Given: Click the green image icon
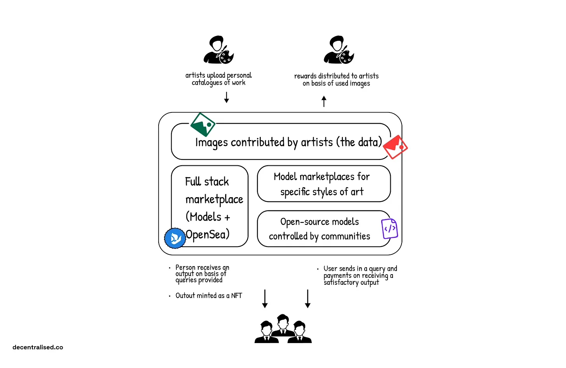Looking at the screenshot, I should click(x=203, y=124).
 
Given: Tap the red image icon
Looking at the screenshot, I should click(x=395, y=147).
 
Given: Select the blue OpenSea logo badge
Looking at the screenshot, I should click(x=175, y=238).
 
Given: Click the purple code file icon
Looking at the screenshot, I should click(x=390, y=228).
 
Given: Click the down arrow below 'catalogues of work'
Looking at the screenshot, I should click(x=227, y=98).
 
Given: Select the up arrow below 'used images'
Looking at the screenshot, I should click(x=324, y=102).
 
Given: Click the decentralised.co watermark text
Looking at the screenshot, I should click(x=38, y=347).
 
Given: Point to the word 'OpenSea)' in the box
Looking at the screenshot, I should click(x=208, y=235).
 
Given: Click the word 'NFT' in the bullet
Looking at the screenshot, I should click(x=236, y=296).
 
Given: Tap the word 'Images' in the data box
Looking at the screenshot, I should click(x=211, y=143).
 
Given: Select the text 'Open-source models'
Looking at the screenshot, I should click(x=320, y=222).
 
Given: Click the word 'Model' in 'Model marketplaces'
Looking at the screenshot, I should click(x=285, y=177).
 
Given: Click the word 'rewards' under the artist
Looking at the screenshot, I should click(x=305, y=76).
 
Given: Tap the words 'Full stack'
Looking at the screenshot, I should click(x=207, y=182).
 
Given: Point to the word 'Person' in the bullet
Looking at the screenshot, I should click(x=185, y=268).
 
